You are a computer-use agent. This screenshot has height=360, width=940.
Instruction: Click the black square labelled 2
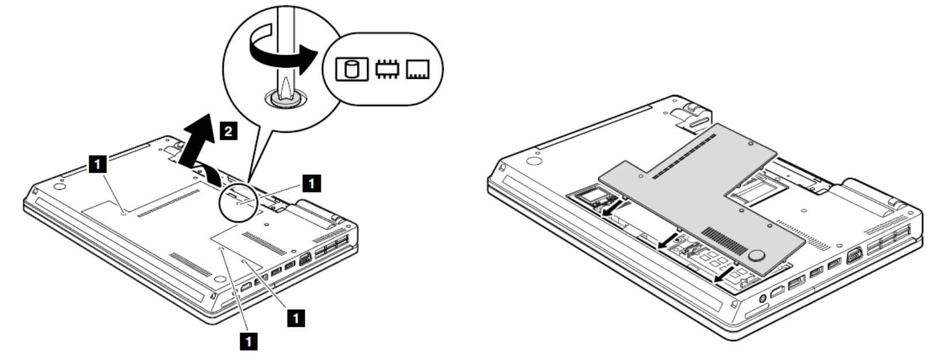pos(228,131)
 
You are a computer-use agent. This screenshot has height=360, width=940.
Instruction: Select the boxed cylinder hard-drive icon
pos(351,69)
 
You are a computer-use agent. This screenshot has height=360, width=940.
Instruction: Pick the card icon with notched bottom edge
pos(418,69)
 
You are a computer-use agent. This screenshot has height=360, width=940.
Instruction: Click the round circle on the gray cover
pos(756,255)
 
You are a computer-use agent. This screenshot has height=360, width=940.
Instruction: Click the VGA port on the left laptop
pos(305,260)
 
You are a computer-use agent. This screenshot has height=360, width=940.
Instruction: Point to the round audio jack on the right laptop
pos(762,298)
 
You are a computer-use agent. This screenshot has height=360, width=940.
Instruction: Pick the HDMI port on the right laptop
pos(777,291)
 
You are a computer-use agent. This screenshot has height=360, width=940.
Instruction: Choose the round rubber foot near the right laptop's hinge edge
pos(533,160)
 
